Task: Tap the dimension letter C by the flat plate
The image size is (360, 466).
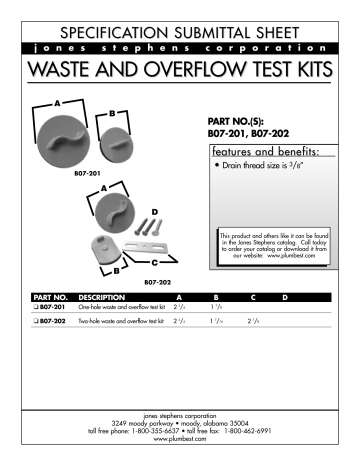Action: point(152,262)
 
